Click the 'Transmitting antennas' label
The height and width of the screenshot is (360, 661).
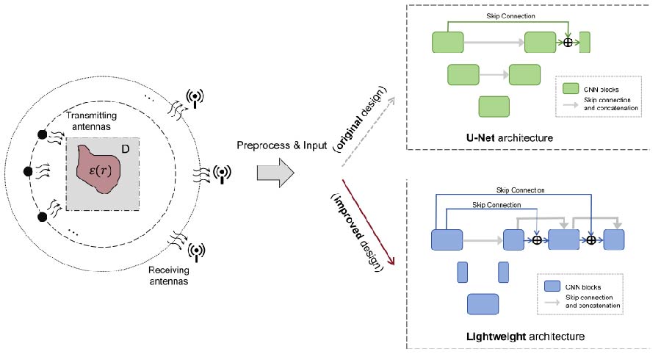click(x=90, y=120)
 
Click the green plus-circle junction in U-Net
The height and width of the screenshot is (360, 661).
click(x=567, y=43)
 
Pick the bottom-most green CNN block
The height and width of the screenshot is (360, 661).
click(x=494, y=107)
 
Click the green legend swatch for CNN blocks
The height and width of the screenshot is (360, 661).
click(x=572, y=89)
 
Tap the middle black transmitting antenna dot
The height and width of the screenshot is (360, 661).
click(x=29, y=171)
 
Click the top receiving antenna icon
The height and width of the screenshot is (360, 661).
click(x=195, y=96)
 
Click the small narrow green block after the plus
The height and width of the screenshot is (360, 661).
click(x=585, y=42)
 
